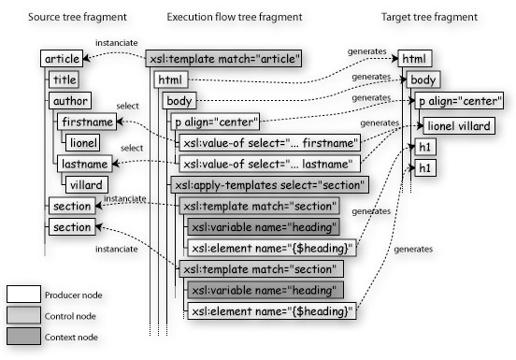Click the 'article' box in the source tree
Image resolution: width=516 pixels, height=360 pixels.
tap(62, 60)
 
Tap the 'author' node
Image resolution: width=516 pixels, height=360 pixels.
tap(70, 101)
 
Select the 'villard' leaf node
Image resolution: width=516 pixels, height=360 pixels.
tap(86, 184)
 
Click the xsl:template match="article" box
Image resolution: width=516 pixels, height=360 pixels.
tap(223, 60)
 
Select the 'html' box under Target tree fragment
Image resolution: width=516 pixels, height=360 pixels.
tap(416, 60)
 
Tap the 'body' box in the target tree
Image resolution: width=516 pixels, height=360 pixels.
tap(423, 80)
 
